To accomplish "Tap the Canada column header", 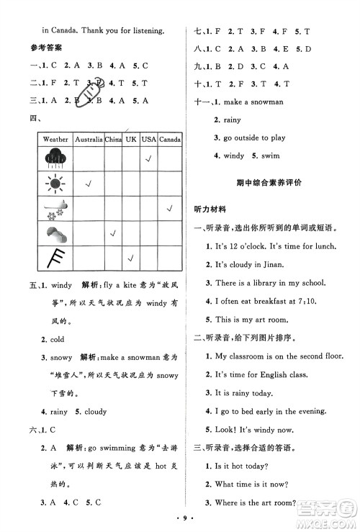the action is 169,138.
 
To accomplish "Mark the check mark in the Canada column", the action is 169,209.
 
